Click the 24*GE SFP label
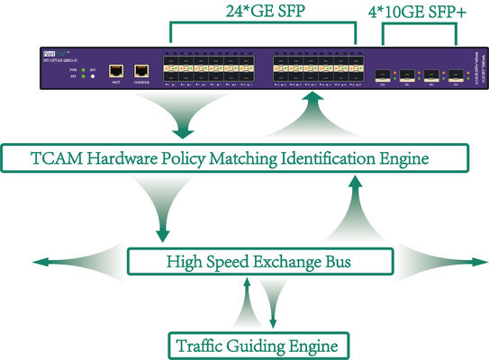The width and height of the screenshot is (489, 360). click(x=262, y=13)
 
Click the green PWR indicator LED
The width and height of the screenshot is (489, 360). click(x=83, y=68)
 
